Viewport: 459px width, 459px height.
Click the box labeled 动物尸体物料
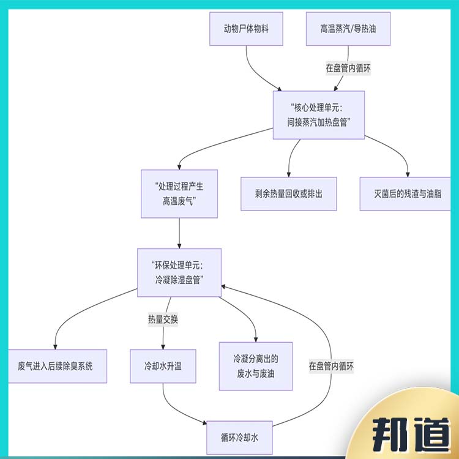click(x=247, y=28)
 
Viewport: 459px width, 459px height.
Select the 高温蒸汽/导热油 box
click(x=348, y=28)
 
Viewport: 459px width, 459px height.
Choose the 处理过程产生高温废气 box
click(x=179, y=193)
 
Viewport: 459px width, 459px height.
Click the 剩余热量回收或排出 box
click(x=288, y=194)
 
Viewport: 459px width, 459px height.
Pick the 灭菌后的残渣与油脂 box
click(x=408, y=194)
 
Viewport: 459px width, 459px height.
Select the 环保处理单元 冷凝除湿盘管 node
click(x=179, y=272)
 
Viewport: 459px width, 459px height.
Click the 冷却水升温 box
click(x=163, y=367)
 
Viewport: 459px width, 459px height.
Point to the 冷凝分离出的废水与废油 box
click(x=255, y=366)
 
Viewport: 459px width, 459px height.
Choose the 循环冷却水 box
click(x=240, y=437)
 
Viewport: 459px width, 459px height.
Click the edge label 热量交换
click(x=163, y=319)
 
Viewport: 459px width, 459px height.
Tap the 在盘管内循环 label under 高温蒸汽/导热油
click(x=348, y=68)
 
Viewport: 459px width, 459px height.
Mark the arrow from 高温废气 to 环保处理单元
click(x=179, y=233)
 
